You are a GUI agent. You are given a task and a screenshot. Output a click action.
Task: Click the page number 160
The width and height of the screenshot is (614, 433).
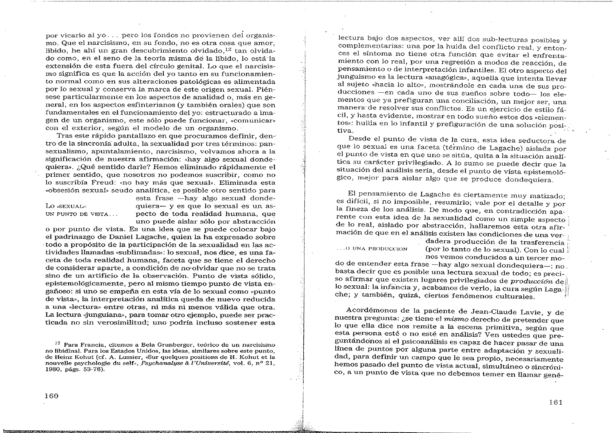tap(51, 396)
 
